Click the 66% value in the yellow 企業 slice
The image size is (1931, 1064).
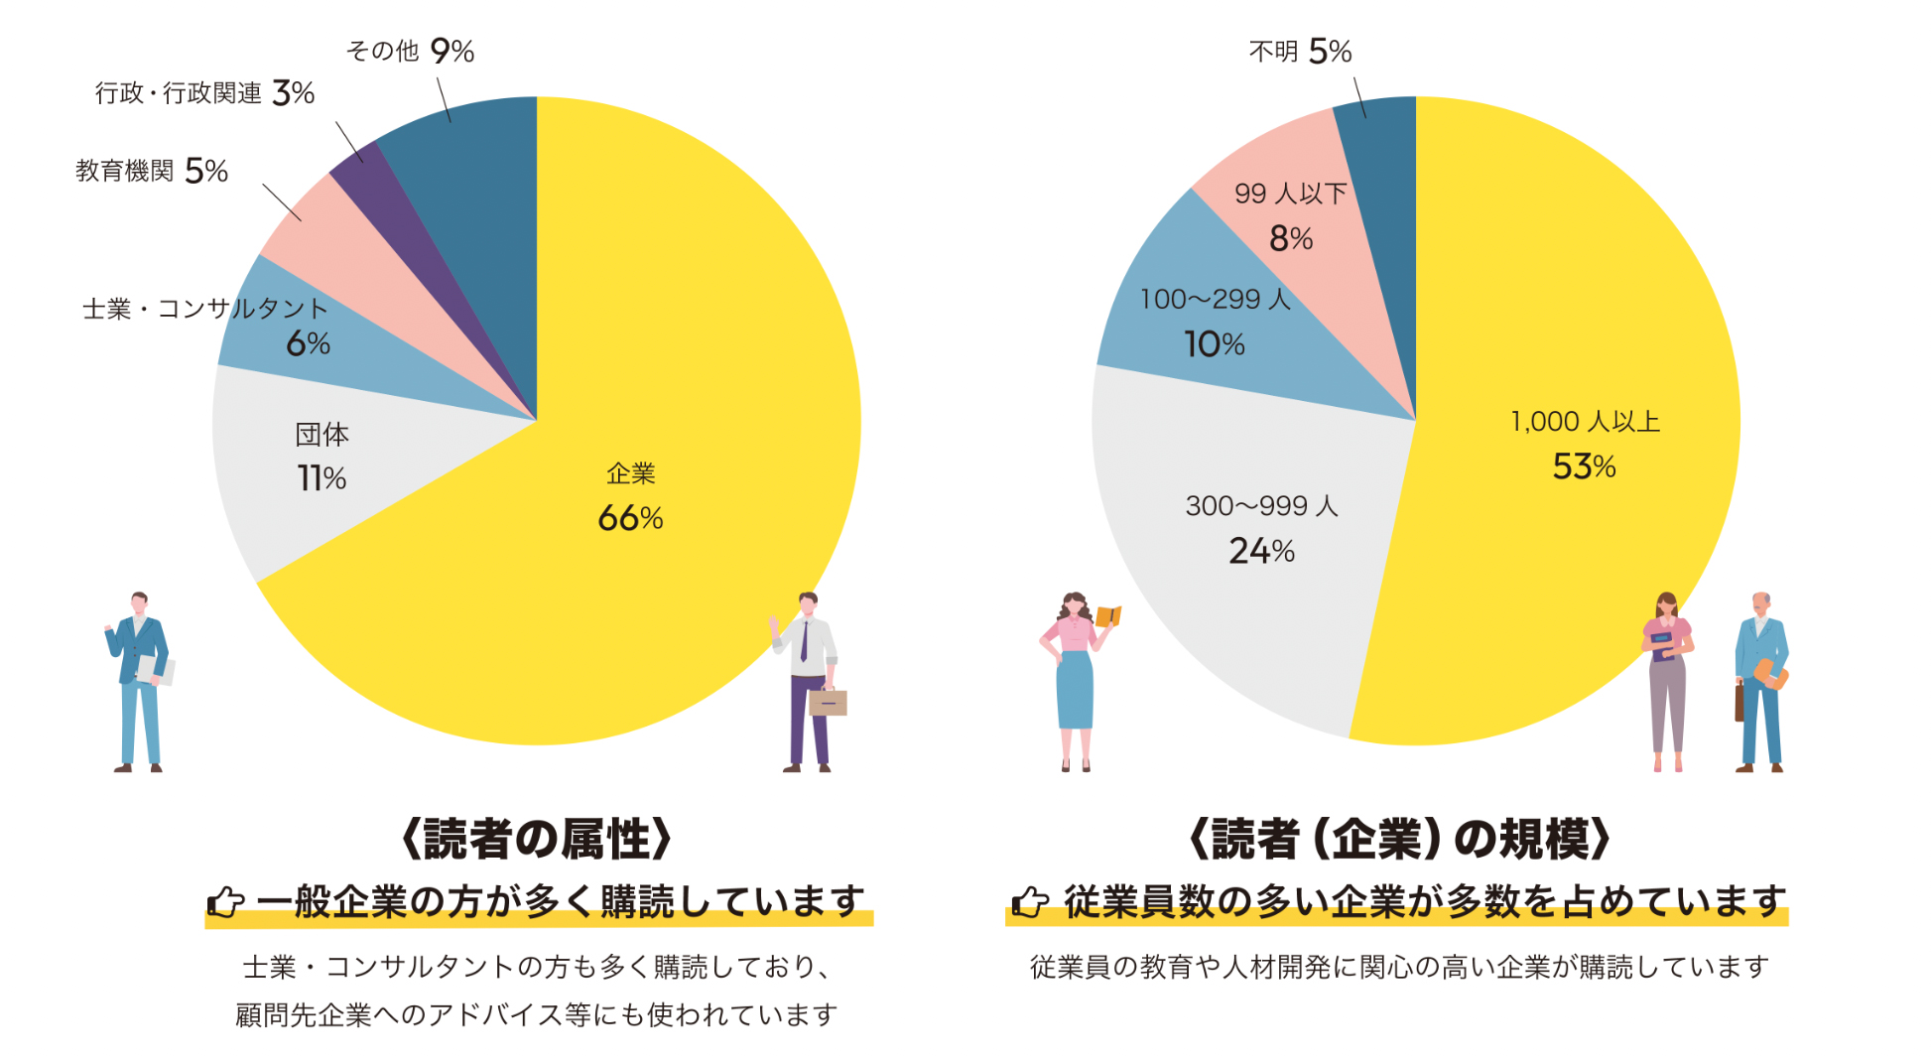tap(630, 518)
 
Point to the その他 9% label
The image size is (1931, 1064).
tap(410, 51)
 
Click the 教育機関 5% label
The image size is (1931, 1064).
tap(152, 171)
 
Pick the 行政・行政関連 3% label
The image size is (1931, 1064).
tap(204, 93)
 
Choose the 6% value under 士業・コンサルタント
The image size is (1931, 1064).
tap(308, 344)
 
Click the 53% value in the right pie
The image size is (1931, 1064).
tap(1584, 466)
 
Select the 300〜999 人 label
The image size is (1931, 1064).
tap(1261, 506)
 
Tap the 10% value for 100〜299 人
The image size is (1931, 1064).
tap(1214, 344)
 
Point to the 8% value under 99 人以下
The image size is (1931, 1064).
tap(1290, 239)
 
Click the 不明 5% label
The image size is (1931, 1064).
tap(1300, 51)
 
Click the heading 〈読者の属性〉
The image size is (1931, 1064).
tap(537, 839)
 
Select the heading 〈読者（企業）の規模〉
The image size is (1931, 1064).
tap(1399, 839)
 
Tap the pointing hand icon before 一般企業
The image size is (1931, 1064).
tap(226, 902)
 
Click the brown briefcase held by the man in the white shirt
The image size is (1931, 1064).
tap(828, 702)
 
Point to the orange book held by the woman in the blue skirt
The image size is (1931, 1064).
tap(1108, 616)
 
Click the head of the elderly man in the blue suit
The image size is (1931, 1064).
tap(1760, 603)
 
